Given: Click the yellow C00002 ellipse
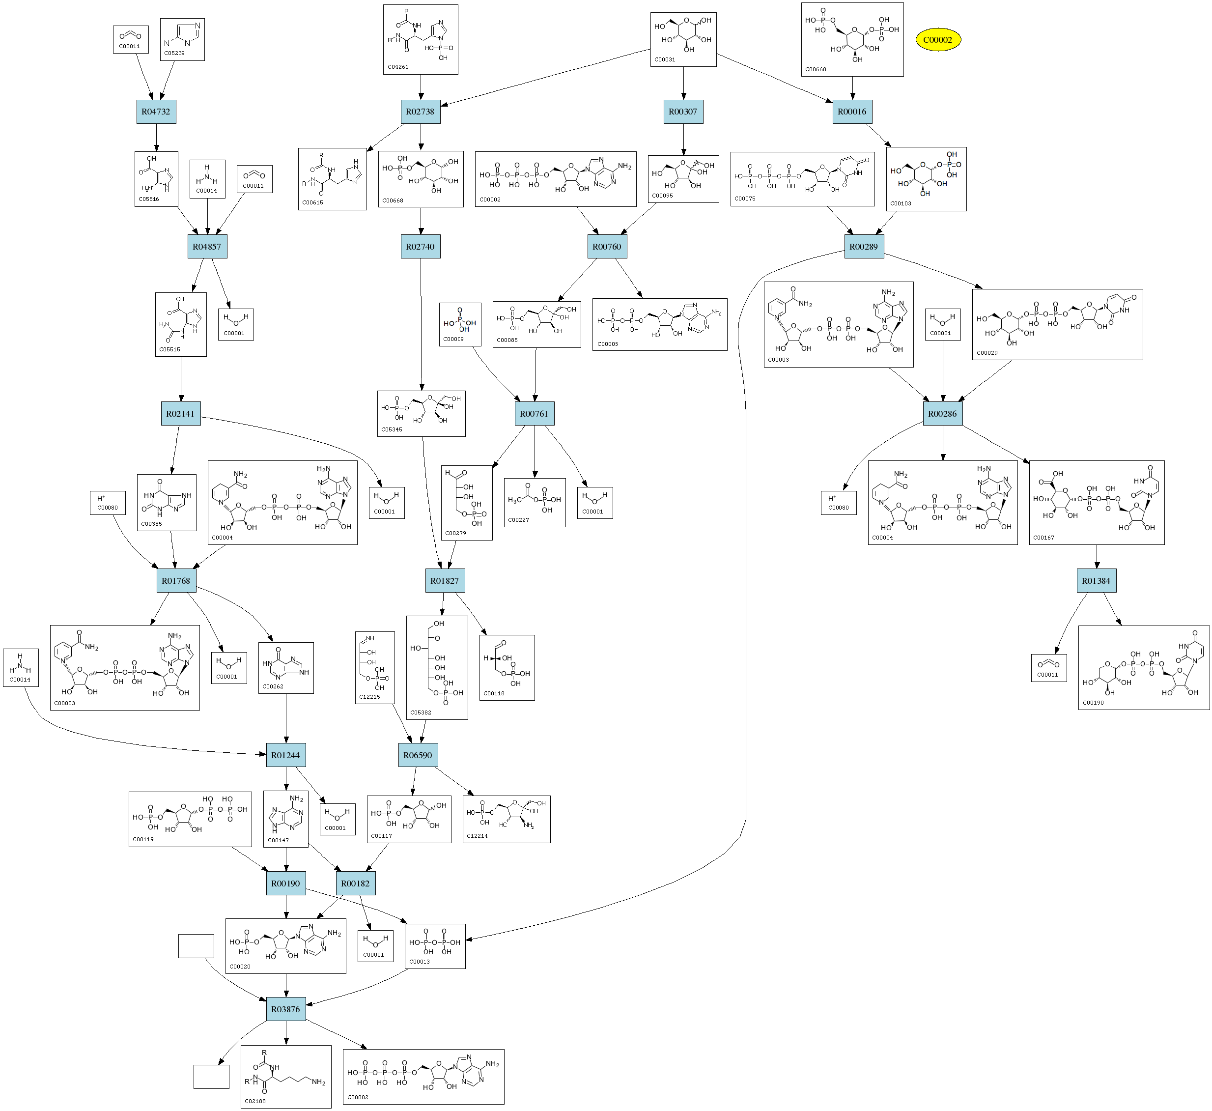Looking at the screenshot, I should (x=937, y=40).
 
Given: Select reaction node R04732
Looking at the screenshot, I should (x=156, y=112).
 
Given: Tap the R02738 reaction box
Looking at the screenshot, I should (x=420, y=112).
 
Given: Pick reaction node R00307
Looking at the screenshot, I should (x=683, y=112).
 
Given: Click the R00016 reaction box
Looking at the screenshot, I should (x=852, y=112).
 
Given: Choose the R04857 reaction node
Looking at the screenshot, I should (x=207, y=247).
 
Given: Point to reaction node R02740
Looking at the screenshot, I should (x=420, y=247).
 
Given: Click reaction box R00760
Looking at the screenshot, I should (x=607, y=247).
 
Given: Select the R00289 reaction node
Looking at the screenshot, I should (x=864, y=247).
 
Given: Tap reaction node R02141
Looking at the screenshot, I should (x=181, y=414).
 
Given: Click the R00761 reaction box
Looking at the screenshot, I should (x=535, y=414).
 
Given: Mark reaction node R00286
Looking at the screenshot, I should (x=942, y=414).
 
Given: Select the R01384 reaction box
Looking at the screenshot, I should (x=1096, y=581).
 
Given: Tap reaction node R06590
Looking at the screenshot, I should (x=418, y=755).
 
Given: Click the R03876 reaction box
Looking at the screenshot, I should (x=285, y=1009).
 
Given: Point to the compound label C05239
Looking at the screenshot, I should (x=174, y=54).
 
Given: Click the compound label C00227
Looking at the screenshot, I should (x=518, y=520).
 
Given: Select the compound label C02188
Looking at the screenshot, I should (x=255, y=1101).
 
